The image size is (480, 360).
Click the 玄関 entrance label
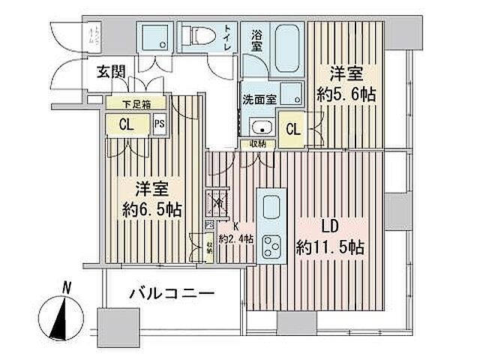coord(110,73)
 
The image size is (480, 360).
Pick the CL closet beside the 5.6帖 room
coord(293,129)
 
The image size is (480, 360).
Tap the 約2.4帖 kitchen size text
coord(237,239)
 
